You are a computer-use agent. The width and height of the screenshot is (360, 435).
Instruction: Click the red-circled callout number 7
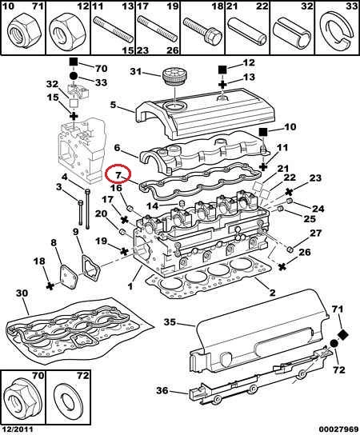point(118,175)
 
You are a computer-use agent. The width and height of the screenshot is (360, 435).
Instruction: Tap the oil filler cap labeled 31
point(174,75)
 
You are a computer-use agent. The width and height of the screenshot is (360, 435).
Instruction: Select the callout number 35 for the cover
point(170,322)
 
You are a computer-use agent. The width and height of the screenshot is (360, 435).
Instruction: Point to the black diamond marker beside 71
point(344,334)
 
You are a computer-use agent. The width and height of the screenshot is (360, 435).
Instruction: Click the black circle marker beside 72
point(334,344)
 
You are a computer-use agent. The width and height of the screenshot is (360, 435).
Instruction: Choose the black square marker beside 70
point(74,62)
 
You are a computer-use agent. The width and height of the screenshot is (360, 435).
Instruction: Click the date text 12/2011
point(17,429)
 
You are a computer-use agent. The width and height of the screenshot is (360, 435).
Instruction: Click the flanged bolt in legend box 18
point(202,30)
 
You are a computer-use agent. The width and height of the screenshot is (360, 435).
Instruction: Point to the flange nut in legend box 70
point(22,400)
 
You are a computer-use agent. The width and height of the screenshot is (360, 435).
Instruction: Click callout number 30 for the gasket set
point(22,293)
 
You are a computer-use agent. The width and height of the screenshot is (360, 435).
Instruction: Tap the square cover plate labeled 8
point(70,277)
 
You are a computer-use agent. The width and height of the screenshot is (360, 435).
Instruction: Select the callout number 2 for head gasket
point(272,293)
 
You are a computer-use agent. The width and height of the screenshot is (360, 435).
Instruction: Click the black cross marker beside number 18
point(50,286)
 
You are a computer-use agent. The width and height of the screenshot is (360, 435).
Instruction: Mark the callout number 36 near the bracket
point(162,390)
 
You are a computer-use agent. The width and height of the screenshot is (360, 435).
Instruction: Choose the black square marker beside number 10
point(263,132)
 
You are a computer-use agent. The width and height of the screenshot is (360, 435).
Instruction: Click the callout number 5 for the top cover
point(113,105)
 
